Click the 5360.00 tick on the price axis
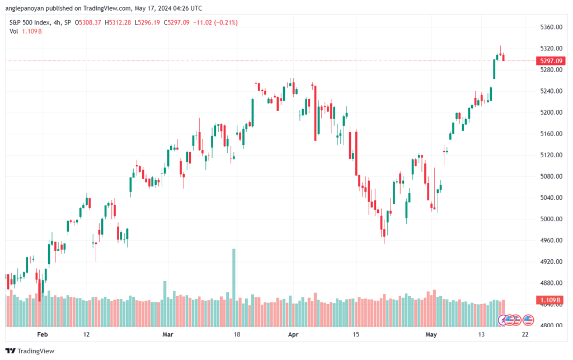coord(551,27)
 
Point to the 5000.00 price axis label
coord(551,219)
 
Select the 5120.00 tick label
coord(551,155)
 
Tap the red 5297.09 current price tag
coord(551,60)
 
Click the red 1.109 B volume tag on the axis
coord(551,300)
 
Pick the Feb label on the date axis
coord(43,334)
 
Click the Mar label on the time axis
coord(168,334)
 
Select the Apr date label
coord(293,334)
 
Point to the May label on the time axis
coord(431,334)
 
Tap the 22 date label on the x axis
coord(525,334)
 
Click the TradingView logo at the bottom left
coord(30,351)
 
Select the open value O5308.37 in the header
coord(88,22)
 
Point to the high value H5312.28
coord(118,22)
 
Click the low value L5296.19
coord(147,22)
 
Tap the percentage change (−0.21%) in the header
coord(226,22)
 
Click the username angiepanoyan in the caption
coord(25,8)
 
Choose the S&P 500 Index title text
coord(30,22)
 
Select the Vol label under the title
coord(14,31)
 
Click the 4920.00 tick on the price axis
coord(551,261)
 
